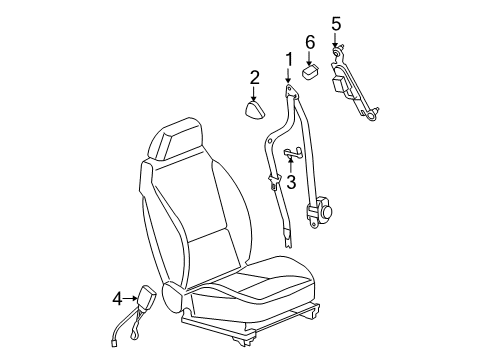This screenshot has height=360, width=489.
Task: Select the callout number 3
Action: [291, 182]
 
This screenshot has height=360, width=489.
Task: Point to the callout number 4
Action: [117, 298]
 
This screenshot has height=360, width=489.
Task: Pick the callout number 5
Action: [336, 23]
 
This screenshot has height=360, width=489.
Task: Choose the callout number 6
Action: [310, 42]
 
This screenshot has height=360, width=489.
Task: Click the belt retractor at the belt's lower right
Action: [325, 212]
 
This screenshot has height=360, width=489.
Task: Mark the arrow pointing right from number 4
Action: [134, 298]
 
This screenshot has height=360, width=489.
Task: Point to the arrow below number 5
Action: [336, 40]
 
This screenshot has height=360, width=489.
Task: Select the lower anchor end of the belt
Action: [289, 262]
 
